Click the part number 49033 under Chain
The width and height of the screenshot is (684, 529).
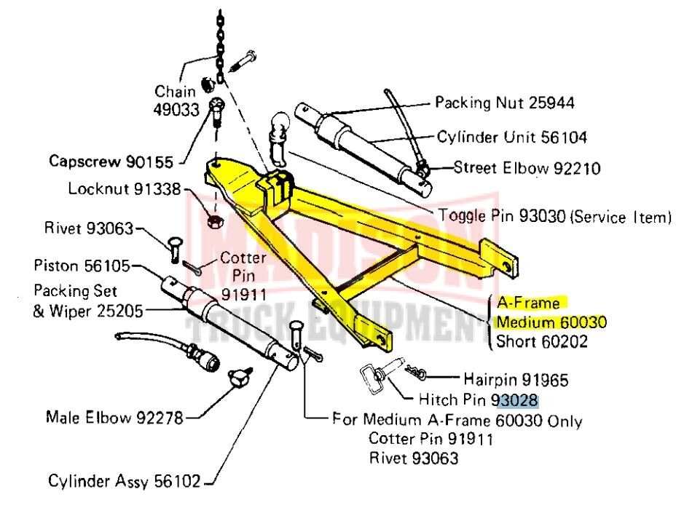(174, 109)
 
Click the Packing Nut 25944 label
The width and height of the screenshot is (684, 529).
(504, 103)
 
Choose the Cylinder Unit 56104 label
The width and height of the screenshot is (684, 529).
(512, 137)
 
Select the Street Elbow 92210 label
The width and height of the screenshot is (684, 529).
(527, 169)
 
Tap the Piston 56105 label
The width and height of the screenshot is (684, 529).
(82, 266)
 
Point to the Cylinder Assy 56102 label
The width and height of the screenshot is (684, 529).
(126, 481)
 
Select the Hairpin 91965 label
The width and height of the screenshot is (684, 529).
(516, 379)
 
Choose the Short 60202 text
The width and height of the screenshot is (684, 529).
(540, 341)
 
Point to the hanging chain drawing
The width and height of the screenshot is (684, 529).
(220, 44)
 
